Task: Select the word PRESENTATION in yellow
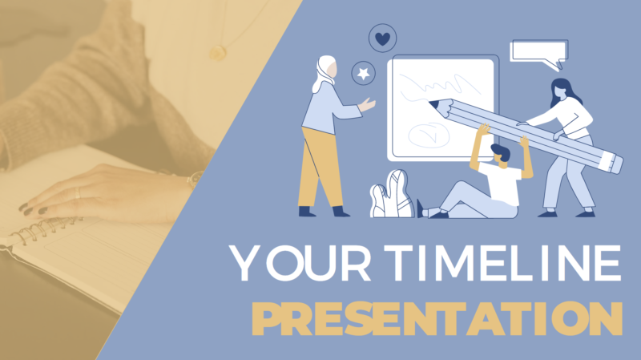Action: pos(437,320)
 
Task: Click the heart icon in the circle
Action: pos(383,38)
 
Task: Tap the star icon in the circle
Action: pos(365,74)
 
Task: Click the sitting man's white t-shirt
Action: pos(503,183)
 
